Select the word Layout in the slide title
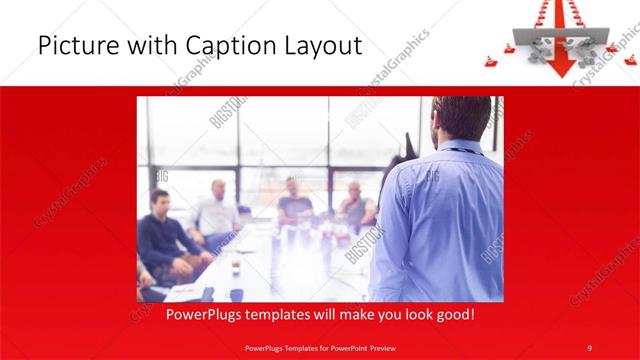pyautogui.click(x=324, y=46)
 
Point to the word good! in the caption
pyautogui.click(x=453, y=314)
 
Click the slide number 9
pyautogui.click(x=589, y=347)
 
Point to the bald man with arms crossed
pyautogui.click(x=354, y=205)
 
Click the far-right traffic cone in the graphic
pyautogui.click(x=630, y=60)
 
